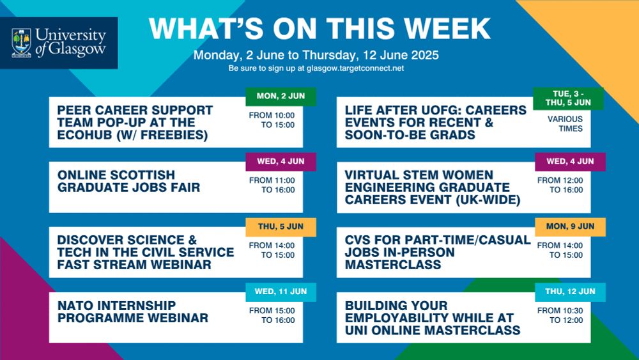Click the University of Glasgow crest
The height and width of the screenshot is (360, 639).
pyautogui.click(x=22, y=43)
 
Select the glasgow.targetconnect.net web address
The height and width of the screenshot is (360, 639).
pyautogui.click(x=355, y=68)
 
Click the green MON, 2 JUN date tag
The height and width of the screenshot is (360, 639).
pyautogui.click(x=281, y=96)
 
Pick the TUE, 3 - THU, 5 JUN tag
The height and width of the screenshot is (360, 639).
pyautogui.click(x=568, y=98)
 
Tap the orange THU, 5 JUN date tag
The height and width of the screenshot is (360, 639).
pyautogui.click(x=281, y=227)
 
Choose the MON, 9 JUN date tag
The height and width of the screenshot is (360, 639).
pyautogui.click(x=570, y=227)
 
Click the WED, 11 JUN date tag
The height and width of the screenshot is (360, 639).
pyautogui.click(x=281, y=292)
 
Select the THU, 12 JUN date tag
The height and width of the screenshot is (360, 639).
pyautogui.click(x=570, y=292)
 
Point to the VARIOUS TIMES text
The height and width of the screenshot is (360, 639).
pyautogui.click(x=565, y=124)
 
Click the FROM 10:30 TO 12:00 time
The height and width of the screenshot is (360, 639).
pyautogui.click(x=560, y=316)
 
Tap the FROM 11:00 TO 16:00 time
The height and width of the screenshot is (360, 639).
pyautogui.click(x=272, y=185)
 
